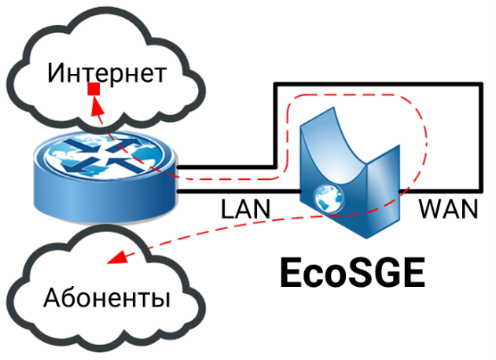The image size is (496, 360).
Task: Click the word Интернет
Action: (107, 73)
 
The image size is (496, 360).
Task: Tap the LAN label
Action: (245, 209)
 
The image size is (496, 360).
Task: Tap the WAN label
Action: (449, 209)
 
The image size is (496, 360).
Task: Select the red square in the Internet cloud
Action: (94, 89)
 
